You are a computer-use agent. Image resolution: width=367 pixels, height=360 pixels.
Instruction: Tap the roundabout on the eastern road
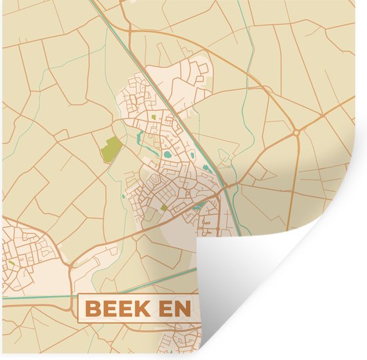coord(295,134)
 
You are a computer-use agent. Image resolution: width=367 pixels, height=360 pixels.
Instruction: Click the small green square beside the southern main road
coord(164,208)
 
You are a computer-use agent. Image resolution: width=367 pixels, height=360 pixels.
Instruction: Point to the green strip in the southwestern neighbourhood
coord(11,262)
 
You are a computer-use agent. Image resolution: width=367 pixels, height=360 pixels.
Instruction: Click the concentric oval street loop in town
coord(155,180)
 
